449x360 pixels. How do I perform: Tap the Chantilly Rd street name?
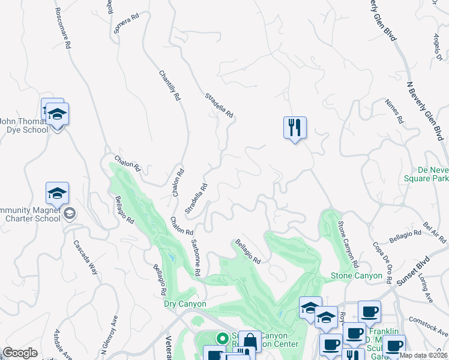click(x=169, y=85)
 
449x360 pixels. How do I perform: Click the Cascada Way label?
click(x=85, y=257)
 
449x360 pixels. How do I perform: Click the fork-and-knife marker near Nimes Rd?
click(x=295, y=128)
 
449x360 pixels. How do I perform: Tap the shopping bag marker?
click(x=250, y=341)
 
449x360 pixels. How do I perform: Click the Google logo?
click(x=20, y=353)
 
